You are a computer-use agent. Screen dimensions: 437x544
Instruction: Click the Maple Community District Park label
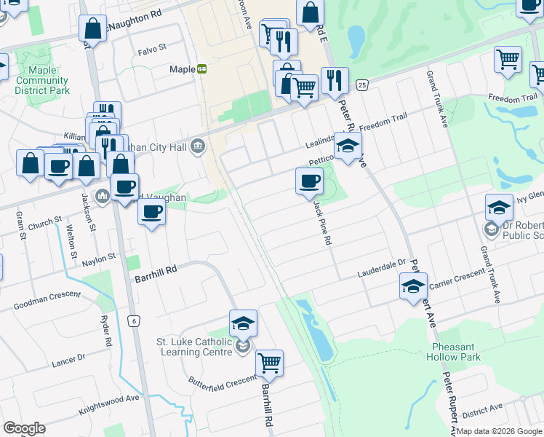point(42,81)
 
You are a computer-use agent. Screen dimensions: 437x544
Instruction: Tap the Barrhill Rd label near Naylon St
point(156,269)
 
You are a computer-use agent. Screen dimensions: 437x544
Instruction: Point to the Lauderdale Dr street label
point(380,272)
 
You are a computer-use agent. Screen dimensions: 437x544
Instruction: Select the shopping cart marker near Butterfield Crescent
point(269,363)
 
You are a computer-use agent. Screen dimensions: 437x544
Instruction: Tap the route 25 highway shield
point(362,86)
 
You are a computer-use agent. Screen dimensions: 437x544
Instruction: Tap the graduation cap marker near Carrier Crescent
point(413,286)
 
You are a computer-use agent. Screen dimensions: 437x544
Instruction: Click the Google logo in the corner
point(24,428)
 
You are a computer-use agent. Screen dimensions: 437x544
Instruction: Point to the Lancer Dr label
point(68,358)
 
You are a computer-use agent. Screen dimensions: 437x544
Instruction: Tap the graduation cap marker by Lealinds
point(348,148)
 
